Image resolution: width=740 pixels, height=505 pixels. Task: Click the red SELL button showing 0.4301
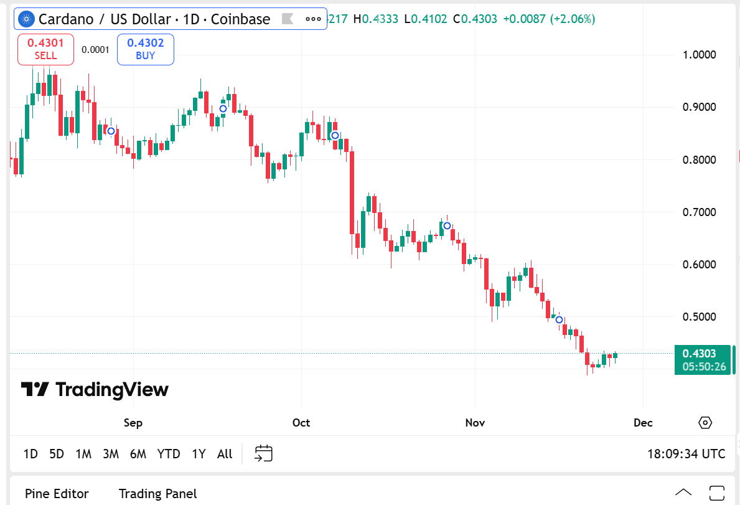point(45,49)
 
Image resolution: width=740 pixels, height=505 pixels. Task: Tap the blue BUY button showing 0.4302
point(145,49)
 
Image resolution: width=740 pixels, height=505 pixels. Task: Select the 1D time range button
point(30,454)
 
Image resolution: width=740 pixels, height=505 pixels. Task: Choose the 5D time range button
point(57,454)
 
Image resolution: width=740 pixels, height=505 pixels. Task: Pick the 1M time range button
point(83,454)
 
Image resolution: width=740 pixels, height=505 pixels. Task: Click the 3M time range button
point(111,454)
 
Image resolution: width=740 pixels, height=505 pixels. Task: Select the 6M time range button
point(138,454)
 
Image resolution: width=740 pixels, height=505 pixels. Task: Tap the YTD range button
point(169,454)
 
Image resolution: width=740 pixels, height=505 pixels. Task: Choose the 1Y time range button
point(199,454)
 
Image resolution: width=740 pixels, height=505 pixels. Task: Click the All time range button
point(225,454)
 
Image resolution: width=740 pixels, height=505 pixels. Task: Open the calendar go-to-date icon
point(264,453)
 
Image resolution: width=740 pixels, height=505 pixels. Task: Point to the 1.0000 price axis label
point(700,55)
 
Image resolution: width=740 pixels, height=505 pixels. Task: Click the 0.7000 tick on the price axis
point(700,212)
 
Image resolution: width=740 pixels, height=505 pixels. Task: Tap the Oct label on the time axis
point(301,423)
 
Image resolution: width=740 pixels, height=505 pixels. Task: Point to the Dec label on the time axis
point(643,423)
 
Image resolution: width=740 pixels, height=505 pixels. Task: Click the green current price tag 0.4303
point(704,360)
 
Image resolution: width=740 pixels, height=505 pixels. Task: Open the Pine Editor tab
point(57,494)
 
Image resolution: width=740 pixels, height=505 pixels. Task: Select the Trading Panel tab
point(157,494)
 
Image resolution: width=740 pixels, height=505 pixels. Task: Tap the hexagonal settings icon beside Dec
point(705,423)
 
